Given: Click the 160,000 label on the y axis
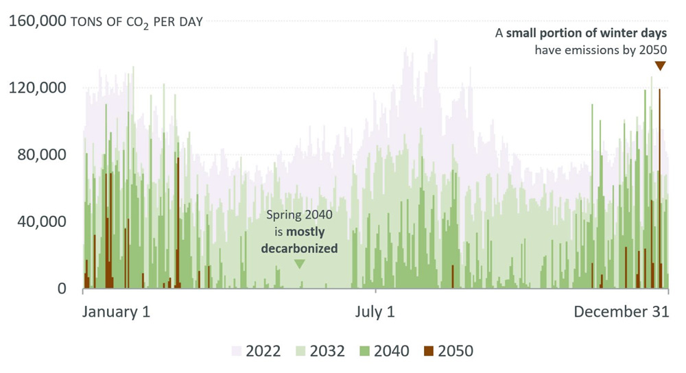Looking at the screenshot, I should [x=36, y=21].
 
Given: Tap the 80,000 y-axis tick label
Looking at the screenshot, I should [x=40, y=154].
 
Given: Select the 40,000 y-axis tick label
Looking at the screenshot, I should [x=40, y=221].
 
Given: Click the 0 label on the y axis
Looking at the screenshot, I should [x=62, y=289].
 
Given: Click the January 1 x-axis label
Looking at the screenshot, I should [x=116, y=311].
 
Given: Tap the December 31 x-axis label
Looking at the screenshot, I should [x=621, y=311].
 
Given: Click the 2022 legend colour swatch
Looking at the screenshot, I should [x=236, y=351].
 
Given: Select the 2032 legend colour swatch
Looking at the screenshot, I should [x=300, y=351].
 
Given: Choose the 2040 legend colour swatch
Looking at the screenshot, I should [x=364, y=351].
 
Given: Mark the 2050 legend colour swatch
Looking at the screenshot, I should [x=429, y=351].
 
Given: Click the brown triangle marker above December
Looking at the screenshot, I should [x=660, y=66].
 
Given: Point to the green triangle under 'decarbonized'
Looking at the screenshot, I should [x=299, y=264].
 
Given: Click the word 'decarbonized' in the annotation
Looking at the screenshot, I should [x=299, y=248].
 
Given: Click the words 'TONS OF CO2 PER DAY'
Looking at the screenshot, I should [x=137, y=22].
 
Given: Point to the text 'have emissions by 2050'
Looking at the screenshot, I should [x=601, y=50].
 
